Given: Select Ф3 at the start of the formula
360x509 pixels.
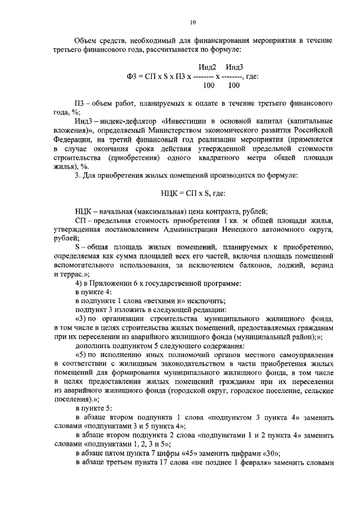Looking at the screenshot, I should click(x=133, y=76).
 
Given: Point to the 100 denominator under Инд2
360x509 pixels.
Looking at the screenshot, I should click(x=208, y=85).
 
